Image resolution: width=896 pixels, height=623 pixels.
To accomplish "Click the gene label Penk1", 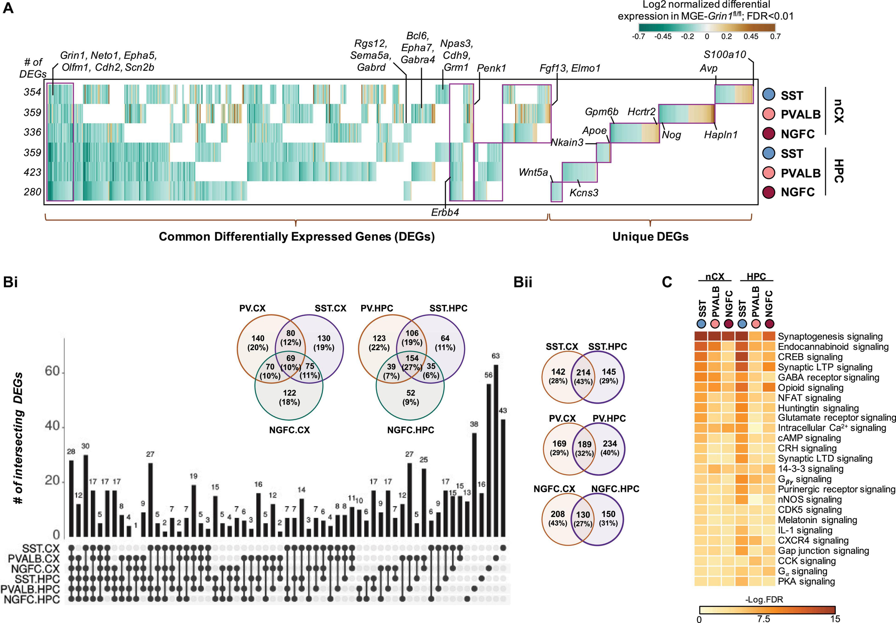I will (x=491, y=68).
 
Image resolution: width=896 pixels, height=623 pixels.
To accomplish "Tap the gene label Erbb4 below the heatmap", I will (x=445, y=212).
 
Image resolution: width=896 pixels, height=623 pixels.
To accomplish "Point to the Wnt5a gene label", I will (x=533, y=172).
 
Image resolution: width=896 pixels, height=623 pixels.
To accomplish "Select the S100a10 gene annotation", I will (x=725, y=54).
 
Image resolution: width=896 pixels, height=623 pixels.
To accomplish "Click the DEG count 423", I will (x=32, y=172).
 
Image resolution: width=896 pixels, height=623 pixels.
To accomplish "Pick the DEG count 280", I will (x=32, y=192).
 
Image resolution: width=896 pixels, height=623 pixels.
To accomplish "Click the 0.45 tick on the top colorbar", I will (x=750, y=36).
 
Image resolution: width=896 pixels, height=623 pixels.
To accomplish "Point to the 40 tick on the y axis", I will (x=52, y=426).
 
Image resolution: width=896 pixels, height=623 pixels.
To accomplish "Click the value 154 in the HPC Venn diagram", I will (x=412, y=358).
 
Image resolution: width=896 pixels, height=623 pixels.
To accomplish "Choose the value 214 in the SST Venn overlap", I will (x=583, y=373).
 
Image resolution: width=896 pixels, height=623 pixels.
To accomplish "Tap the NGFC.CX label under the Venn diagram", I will (x=289, y=430).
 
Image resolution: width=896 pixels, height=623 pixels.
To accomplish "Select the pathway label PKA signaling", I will (x=806, y=582).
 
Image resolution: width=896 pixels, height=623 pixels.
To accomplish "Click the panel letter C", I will (x=667, y=282).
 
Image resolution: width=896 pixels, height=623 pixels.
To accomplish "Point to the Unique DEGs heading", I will (x=650, y=237).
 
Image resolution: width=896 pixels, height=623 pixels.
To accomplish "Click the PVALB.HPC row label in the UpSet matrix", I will (x=30, y=589).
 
